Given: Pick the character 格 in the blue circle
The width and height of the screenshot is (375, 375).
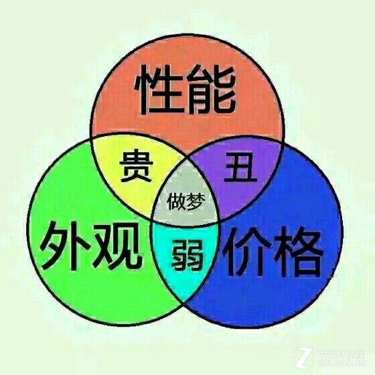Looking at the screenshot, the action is point(299,252).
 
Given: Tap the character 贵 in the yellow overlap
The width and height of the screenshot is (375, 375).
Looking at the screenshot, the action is point(136,165).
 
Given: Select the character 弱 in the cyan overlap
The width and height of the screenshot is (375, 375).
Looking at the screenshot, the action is point(188,254).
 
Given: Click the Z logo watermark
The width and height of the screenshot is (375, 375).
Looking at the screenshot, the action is point(303,358).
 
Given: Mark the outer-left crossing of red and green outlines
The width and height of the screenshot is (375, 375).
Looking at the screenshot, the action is point(92,137).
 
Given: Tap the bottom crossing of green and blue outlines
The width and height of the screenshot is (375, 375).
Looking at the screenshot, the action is point(184,303).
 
